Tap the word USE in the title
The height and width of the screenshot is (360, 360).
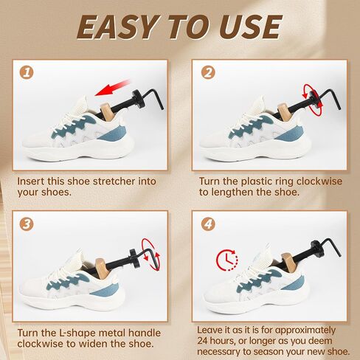click(250, 27)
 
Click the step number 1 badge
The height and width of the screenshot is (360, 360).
click(27, 72)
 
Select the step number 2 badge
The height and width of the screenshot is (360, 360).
click(208, 72)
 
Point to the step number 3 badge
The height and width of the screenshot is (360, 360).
click(27, 224)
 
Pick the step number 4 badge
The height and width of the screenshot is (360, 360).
click(208, 224)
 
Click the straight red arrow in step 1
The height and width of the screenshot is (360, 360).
click(112, 88)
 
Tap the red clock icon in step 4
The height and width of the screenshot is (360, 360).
click(226, 260)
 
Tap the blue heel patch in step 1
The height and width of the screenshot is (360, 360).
click(114, 133)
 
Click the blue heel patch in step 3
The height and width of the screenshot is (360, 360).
click(106, 288)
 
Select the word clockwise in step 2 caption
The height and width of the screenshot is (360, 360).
click(319, 181)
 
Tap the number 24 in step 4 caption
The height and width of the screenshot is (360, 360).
click(203, 341)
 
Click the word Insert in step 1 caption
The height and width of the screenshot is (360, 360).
click(31, 181)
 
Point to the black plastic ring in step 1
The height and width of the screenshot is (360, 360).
click(138, 99)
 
